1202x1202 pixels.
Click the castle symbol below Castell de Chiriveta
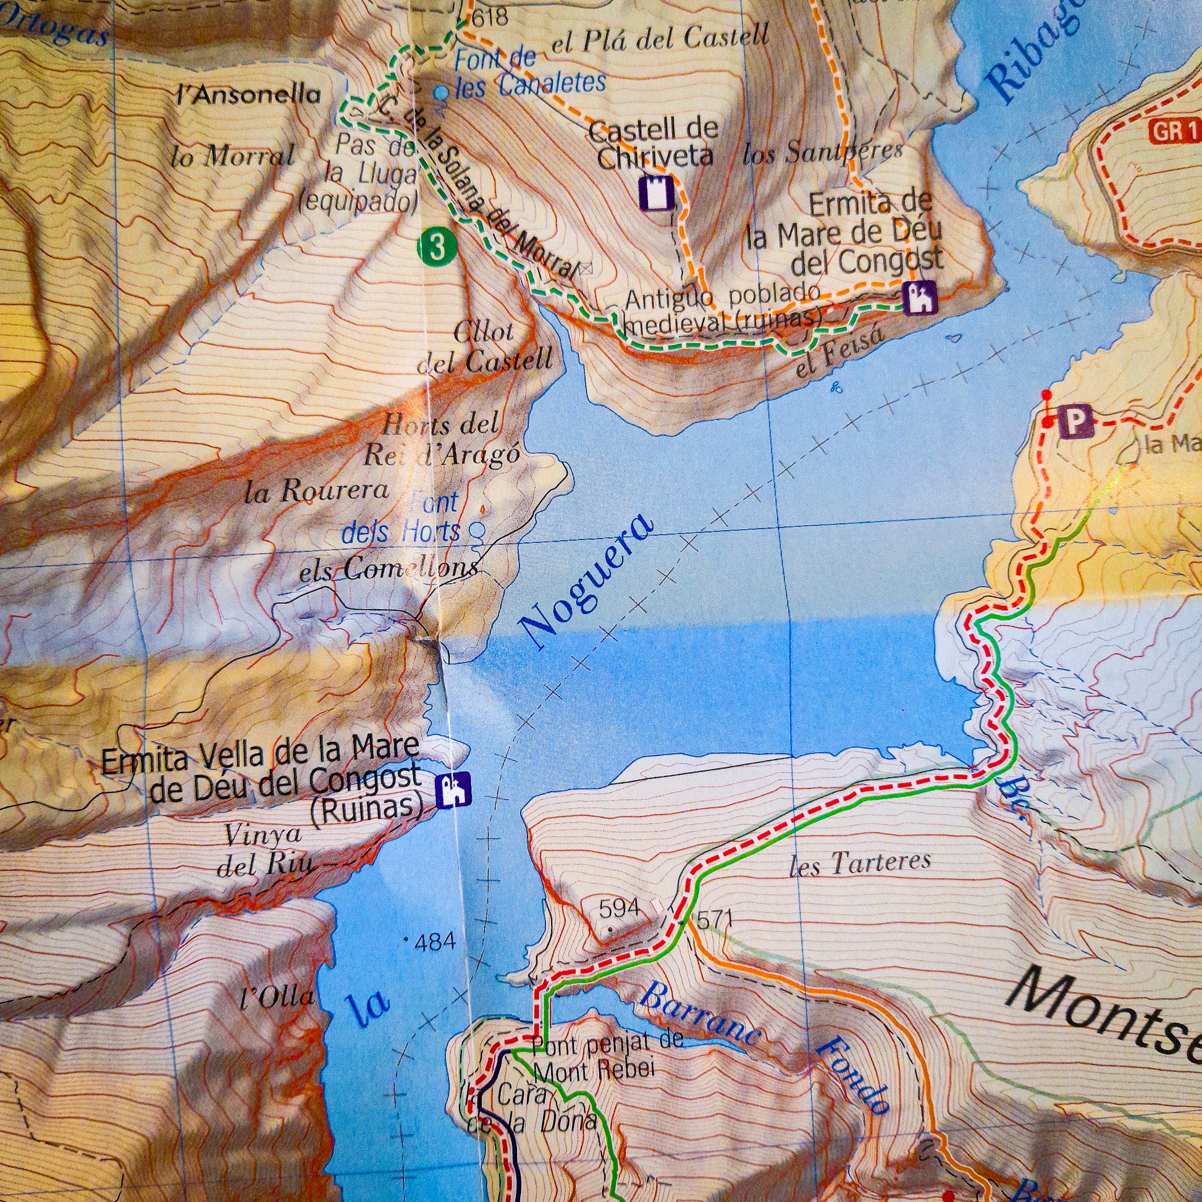656,193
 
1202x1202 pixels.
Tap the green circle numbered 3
438,246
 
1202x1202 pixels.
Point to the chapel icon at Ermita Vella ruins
453,790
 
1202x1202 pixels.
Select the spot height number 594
619,909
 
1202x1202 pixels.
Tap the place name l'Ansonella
249,95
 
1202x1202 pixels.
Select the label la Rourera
317,492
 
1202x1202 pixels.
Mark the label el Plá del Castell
660,38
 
